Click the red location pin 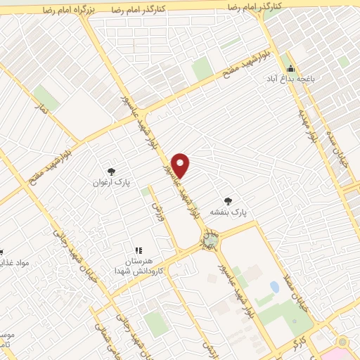[181, 165]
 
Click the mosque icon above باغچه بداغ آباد [290, 69]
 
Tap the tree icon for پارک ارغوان [110, 171]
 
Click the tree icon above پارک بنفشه [227, 200]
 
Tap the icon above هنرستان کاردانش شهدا [139, 250]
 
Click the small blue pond [274, 287]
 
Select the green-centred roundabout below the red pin [210, 240]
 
